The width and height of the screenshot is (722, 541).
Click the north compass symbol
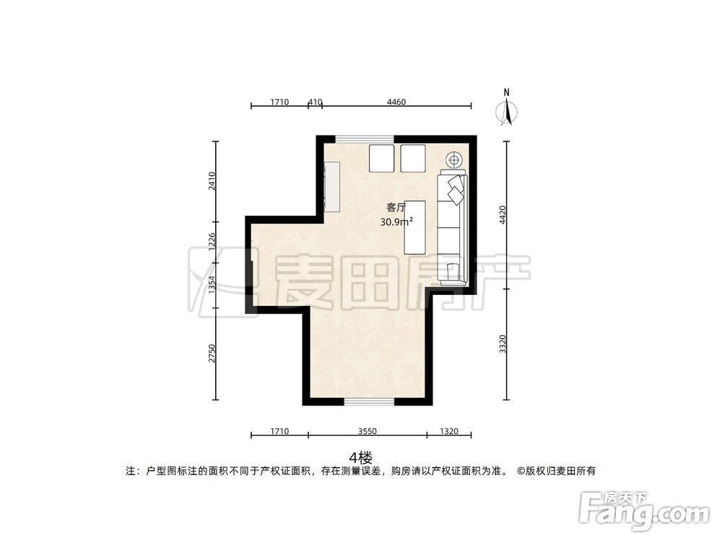tap(508, 110)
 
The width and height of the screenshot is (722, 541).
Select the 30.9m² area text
tap(396, 222)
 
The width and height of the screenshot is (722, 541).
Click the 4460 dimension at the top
tap(396, 102)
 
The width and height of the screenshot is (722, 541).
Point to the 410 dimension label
tap(315, 102)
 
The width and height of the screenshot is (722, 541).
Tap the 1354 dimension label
tap(212, 285)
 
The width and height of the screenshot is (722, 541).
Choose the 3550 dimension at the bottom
tap(367, 431)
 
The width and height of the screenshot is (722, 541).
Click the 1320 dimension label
tap(448, 431)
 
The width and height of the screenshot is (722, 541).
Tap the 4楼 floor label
tap(360, 457)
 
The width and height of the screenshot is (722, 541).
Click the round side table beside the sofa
tap(454, 159)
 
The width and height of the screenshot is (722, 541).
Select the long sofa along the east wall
tap(453, 228)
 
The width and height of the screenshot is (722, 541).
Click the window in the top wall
tap(365, 138)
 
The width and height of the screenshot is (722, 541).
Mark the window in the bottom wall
tap(368, 400)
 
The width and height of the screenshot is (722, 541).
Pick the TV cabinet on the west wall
tap(331, 186)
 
